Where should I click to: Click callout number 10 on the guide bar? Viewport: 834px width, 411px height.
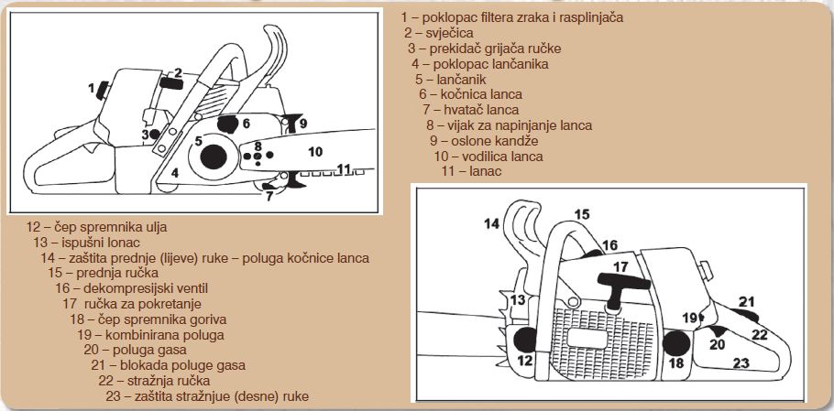tap(313, 151)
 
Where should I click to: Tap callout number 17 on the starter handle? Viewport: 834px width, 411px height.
tap(620, 267)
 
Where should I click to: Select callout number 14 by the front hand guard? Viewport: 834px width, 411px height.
tap(492, 223)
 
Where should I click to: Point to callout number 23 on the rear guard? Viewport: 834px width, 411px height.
tap(741, 362)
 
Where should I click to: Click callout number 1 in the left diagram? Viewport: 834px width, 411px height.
tap(92, 89)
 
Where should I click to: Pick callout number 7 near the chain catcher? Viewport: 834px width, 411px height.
tap(268, 194)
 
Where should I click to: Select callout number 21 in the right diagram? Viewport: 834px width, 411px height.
tap(747, 302)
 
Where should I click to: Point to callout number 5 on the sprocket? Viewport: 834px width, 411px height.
tap(197, 141)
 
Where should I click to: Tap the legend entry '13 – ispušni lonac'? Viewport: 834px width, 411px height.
tap(87, 243)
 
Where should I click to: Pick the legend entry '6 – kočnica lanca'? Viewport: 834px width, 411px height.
tap(470, 93)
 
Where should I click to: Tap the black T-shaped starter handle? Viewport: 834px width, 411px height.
tap(620, 284)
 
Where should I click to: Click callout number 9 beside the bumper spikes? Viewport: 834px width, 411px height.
tap(302, 123)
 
